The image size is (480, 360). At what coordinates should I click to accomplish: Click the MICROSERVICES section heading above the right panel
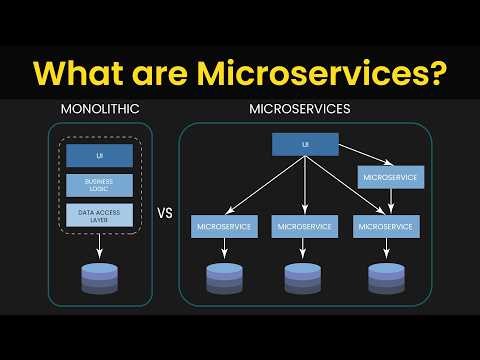(304, 108)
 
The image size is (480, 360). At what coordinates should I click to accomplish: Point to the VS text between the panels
(166, 214)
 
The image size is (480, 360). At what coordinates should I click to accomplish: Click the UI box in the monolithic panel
(100, 156)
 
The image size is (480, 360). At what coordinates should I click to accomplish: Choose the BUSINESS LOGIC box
(100, 185)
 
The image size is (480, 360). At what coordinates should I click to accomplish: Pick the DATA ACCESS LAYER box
(100, 213)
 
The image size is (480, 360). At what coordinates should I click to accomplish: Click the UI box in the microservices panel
(305, 145)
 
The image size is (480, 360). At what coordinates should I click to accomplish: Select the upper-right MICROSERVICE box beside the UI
(389, 178)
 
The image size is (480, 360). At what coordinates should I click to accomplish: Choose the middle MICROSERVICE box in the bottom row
(305, 227)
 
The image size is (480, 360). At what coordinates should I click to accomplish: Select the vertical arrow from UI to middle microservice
(305, 185)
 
